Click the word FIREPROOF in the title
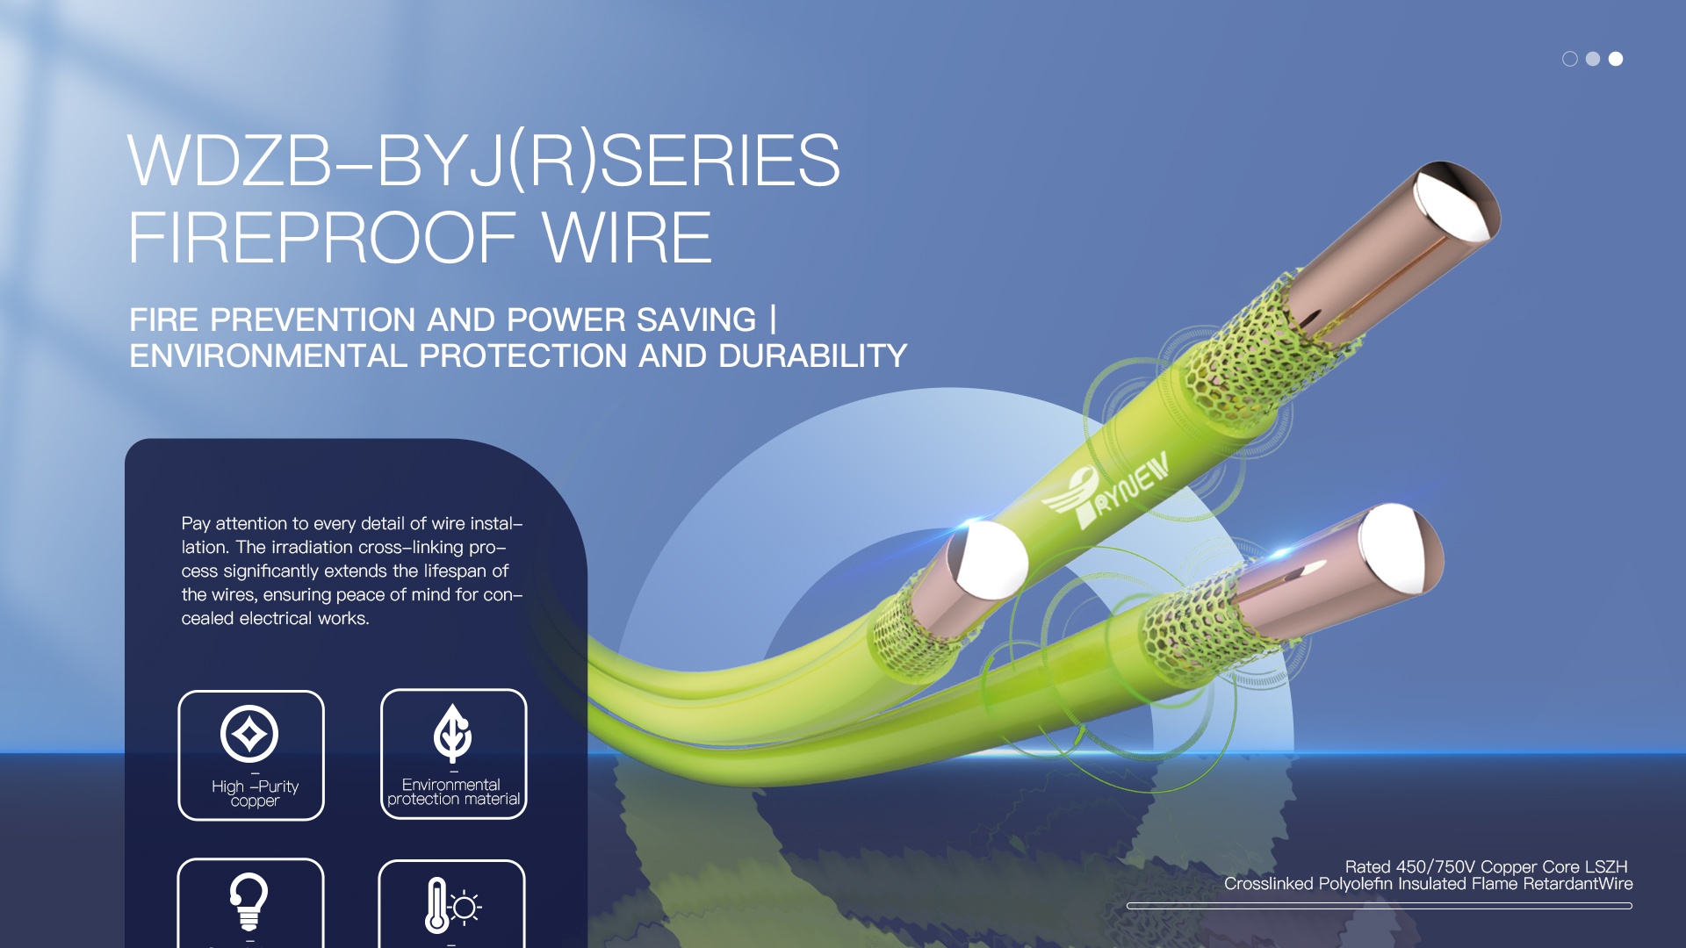tap(321, 238)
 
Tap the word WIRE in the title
tap(627, 238)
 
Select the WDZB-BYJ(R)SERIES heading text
tap(484, 161)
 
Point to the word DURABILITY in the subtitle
tap(812, 355)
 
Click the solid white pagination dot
tap(1616, 59)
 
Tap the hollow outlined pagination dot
tap(1570, 59)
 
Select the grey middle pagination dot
tap(1593, 59)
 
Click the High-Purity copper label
tap(255, 794)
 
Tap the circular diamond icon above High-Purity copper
tap(249, 734)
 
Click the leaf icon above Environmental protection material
tap(452, 734)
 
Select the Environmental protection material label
tap(453, 792)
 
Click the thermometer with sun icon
tap(452, 905)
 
